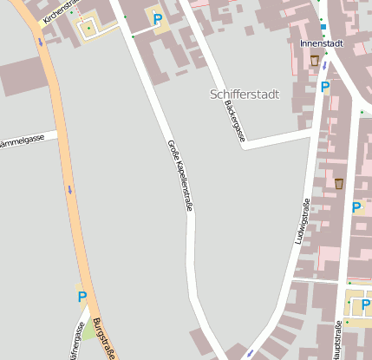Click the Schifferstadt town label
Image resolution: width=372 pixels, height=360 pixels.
[245, 94]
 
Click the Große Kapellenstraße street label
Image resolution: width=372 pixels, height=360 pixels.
[179, 173]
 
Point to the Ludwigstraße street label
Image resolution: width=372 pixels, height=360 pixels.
[304, 221]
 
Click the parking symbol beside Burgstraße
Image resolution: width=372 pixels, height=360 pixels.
[82, 297]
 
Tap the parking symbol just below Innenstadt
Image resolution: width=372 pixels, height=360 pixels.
[324, 87]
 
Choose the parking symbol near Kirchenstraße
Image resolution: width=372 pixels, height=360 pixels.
[157, 18]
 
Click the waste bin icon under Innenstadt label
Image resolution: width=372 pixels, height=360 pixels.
[314, 60]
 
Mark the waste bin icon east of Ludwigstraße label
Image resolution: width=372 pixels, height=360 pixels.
[339, 183]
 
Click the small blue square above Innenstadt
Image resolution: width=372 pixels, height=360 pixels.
[323, 27]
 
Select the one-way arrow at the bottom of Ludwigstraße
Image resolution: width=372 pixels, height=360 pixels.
[250, 353]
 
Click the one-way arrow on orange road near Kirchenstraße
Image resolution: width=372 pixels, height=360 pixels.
[40, 41]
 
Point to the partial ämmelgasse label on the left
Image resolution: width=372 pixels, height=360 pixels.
[21, 141]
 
